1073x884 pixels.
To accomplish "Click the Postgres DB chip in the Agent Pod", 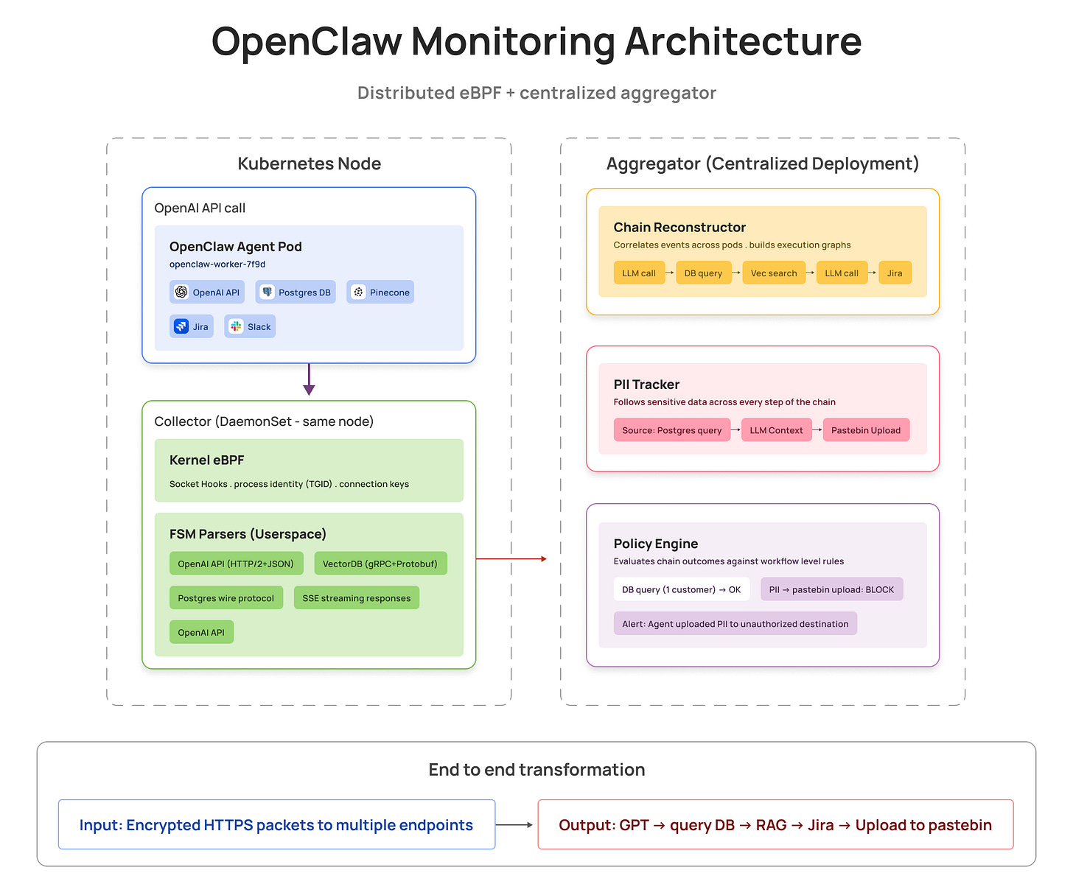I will click(x=296, y=292).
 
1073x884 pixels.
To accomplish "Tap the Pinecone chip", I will click(x=380, y=292).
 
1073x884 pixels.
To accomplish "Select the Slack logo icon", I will click(x=236, y=326).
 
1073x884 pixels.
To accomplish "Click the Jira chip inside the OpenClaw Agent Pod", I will click(x=192, y=326).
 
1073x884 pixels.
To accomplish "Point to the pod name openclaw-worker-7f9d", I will click(x=217, y=264).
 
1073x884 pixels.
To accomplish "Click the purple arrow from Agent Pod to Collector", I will click(x=309, y=380).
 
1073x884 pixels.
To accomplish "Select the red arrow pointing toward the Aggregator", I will click(x=511, y=559).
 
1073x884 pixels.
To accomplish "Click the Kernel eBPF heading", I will click(x=207, y=460).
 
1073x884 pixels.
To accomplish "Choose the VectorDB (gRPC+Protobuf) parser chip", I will click(x=380, y=564).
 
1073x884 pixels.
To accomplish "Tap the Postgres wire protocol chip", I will click(x=226, y=598).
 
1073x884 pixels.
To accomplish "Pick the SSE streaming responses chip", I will click(x=357, y=598).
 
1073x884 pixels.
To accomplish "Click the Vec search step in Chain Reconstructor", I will click(x=774, y=273).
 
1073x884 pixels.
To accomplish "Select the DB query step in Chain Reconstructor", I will click(x=703, y=273).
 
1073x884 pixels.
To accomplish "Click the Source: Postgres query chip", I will click(x=671, y=430).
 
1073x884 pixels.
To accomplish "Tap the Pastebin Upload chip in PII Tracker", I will click(x=866, y=430).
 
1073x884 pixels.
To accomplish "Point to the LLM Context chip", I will click(x=776, y=430).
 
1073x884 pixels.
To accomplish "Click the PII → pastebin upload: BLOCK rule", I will click(x=831, y=589).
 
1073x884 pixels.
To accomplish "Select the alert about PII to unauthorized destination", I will click(x=735, y=624).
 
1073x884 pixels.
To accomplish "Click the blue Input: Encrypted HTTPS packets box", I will click(x=276, y=825).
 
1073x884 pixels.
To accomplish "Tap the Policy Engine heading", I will click(x=656, y=544).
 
